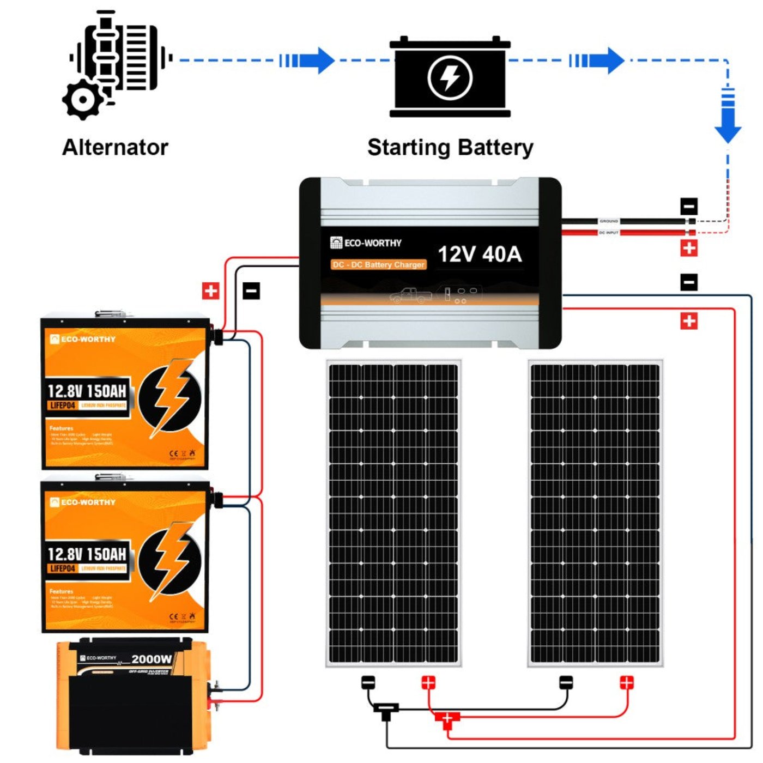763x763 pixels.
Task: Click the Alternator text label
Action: (115, 147)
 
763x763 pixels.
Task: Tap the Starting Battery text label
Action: (450, 147)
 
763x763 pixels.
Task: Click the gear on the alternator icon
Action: (83, 100)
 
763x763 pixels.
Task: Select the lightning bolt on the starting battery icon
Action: (450, 77)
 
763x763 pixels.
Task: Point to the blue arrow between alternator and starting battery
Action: (308, 60)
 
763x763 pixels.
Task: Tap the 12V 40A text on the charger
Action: (480, 254)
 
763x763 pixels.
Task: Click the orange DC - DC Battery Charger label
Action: (378, 265)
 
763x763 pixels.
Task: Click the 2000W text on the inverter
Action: (152, 659)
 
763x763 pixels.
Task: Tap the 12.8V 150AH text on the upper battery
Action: (87, 391)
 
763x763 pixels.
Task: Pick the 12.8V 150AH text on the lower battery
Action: (87, 554)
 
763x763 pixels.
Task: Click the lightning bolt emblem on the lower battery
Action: (169, 561)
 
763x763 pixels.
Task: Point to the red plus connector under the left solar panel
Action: (429, 682)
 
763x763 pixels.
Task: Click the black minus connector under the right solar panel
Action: (567, 682)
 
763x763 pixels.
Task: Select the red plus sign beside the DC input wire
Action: (689, 248)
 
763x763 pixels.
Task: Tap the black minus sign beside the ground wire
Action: (689, 207)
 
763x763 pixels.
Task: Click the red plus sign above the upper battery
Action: (211, 290)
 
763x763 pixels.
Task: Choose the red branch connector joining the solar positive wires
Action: (447, 719)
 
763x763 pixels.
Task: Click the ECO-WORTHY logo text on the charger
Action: (372, 243)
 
